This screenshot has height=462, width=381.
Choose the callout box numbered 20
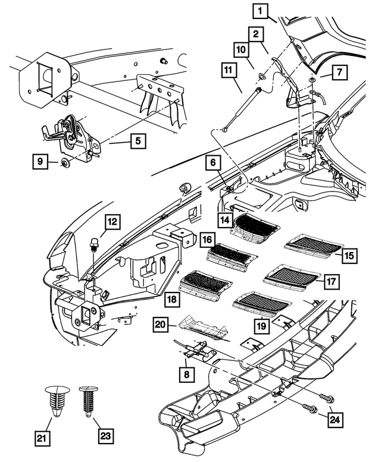[x=160, y=325]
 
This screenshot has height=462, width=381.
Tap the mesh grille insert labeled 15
[x=314, y=244]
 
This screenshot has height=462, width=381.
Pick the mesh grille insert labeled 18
[x=205, y=282]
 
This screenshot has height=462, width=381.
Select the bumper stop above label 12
[x=94, y=244]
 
